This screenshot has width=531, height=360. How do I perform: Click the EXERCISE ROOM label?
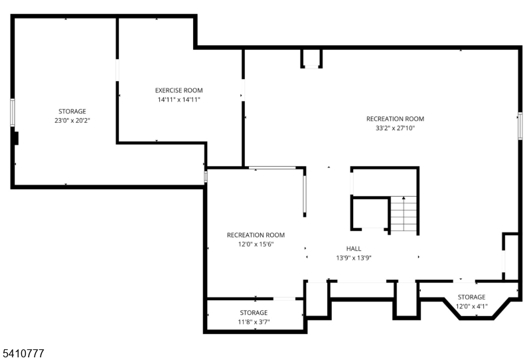(179, 90)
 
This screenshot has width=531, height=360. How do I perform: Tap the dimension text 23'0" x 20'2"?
(72, 121)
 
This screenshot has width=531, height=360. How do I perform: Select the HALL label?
(353, 248)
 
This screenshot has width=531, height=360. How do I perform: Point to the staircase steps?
(403, 215)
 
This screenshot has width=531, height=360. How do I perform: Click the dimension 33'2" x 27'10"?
(395, 129)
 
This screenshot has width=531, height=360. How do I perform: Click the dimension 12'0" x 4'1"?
(471, 306)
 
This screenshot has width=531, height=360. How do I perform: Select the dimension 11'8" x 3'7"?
(254, 322)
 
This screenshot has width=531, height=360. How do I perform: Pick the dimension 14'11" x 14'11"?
(179, 100)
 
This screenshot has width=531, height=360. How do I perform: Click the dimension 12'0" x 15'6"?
(256, 244)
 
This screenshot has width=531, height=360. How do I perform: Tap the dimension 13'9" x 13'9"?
(353, 258)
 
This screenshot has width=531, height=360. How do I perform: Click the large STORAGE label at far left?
(72, 112)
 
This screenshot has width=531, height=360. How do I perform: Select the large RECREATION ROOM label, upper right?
(395, 119)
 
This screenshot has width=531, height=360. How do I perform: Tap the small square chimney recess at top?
(311, 58)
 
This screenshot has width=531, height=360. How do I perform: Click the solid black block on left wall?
(16, 138)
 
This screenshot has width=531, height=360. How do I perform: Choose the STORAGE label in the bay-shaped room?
(471, 297)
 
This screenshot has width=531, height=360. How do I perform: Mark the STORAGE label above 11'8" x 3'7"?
(254, 312)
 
